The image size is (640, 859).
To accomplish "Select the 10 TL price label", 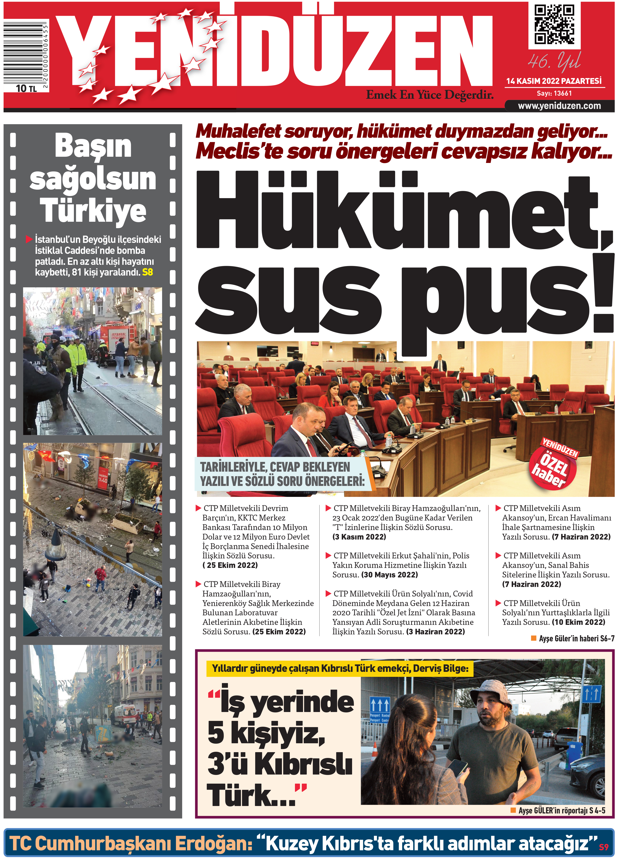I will point(26,89).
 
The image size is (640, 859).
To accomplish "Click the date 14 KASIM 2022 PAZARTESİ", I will point(554,81).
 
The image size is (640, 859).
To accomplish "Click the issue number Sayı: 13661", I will point(554,93).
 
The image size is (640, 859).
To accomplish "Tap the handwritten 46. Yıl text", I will point(554,61).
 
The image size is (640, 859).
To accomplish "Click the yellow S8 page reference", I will point(148,272).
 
